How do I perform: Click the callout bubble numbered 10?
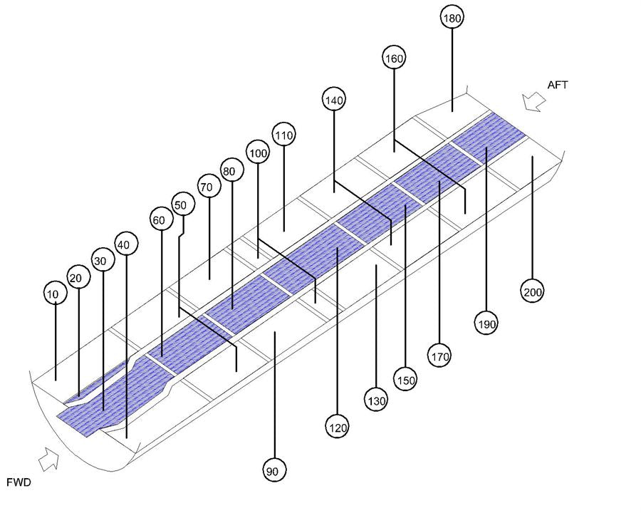coord(55,294)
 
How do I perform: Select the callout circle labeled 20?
coord(78,277)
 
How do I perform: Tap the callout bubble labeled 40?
coord(126,244)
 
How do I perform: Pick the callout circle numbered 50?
coord(183,204)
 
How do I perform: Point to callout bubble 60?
coord(161,219)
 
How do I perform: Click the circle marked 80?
coord(231,170)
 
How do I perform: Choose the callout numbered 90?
coord(274,470)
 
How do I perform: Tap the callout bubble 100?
coord(258,152)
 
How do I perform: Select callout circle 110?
coord(283,135)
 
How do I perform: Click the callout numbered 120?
coord(338,427)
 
